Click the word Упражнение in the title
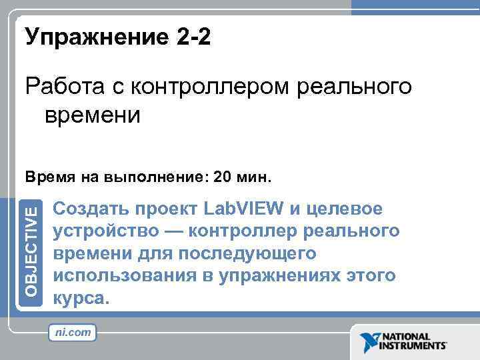[90, 38]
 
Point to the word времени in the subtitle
[93, 115]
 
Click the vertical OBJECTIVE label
[33, 251]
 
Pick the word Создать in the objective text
[91, 209]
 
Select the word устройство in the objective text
[107, 231]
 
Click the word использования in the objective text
[123, 276]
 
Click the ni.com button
[72, 331]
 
